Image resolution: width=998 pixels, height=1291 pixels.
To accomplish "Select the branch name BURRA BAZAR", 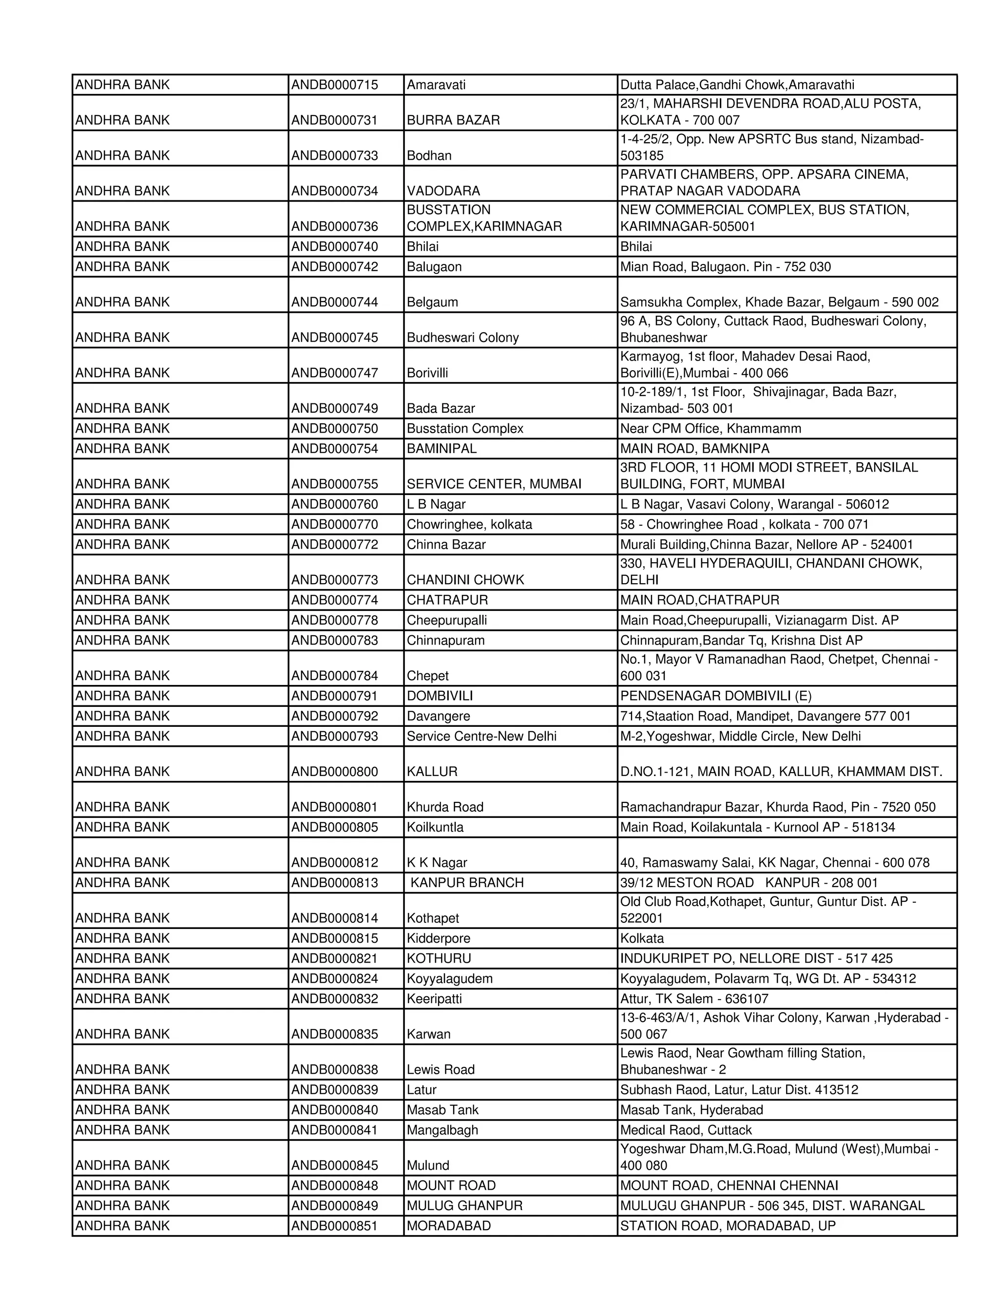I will point(453,120).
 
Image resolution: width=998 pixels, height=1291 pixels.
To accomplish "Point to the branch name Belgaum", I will point(432,302).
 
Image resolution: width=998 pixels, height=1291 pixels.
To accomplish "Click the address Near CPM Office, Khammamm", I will point(710,429).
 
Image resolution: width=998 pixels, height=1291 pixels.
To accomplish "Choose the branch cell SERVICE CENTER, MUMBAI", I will point(494,484).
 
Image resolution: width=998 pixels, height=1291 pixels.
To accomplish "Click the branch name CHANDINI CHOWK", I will point(465,580).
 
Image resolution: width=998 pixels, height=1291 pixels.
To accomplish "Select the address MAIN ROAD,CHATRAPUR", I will point(699,600).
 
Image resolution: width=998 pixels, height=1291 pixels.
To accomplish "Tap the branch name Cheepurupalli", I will point(446,620).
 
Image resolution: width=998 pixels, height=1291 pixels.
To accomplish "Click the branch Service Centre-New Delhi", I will point(481,736).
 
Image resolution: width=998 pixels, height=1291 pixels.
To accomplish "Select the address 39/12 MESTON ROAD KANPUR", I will point(748,883).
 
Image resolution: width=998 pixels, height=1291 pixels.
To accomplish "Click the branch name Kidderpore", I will point(438,938).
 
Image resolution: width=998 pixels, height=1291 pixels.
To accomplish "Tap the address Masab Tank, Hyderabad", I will point(691,1109).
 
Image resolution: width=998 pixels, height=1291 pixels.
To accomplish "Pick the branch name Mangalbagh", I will point(442,1130).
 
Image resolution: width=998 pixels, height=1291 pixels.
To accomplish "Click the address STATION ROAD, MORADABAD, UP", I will point(728,1225).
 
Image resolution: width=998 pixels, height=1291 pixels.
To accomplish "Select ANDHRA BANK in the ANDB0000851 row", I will point(122,1225).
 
